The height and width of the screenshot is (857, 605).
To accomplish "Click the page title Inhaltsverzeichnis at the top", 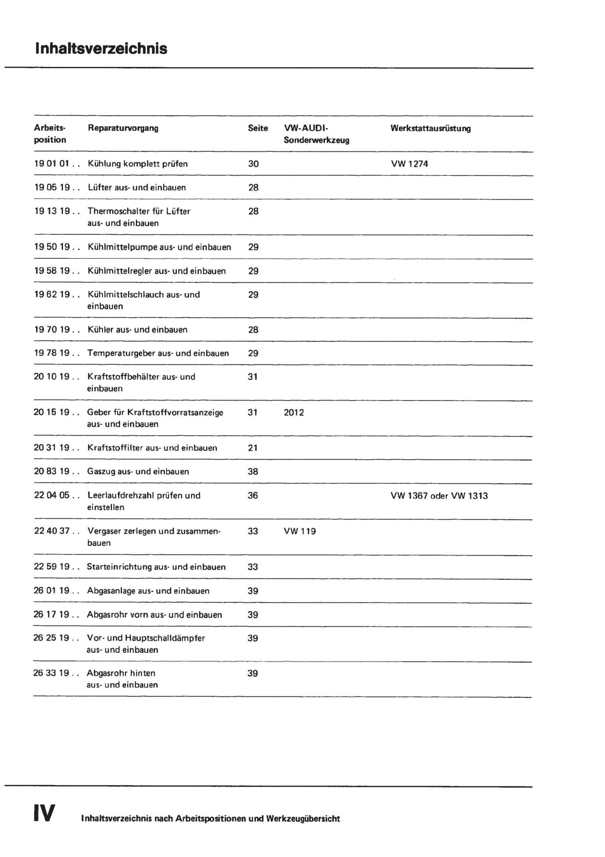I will click(101, 49).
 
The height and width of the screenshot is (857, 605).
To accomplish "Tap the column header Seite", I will click(258, 129).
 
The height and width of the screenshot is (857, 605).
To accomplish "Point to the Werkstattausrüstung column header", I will click(430, 129).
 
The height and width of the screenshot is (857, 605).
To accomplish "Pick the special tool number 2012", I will click(294, 412).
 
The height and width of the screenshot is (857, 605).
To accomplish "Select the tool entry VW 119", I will click(300, 531).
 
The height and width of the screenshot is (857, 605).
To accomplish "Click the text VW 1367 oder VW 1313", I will click(439, 496).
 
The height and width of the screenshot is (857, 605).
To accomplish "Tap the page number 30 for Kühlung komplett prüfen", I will click(253, 164).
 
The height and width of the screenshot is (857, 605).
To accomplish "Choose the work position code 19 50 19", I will click(52, 247).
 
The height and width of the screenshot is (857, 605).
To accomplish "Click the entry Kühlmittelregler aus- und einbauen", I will click(157, 271).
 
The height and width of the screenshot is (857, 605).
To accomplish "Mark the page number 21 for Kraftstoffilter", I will click(253, 448).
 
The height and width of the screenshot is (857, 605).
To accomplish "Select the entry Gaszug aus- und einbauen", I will click(138, 471).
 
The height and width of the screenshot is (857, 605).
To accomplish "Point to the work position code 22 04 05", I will click(52, 495).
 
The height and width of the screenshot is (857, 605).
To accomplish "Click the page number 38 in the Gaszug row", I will click(253, 471).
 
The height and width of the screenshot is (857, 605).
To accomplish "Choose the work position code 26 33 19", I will click(51, 673).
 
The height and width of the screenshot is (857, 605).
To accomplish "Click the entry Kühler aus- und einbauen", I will click(137, 330).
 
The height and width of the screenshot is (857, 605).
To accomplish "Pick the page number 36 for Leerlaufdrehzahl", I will click(253, 495).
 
